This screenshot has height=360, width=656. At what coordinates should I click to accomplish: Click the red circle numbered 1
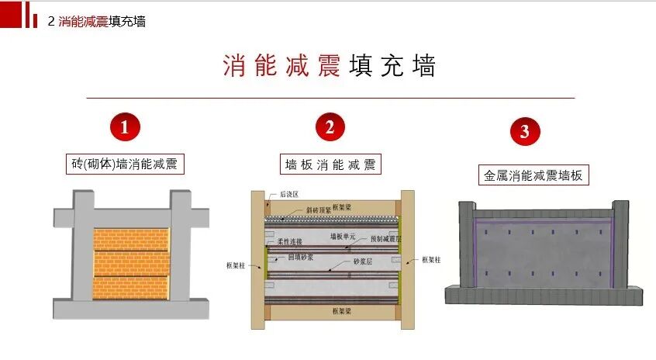[124, 126]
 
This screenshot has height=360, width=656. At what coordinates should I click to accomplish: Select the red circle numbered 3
[525, 131]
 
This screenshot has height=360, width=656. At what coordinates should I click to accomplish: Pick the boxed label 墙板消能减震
[330, 164]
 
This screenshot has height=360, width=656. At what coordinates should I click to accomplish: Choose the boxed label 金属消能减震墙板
[532, 175]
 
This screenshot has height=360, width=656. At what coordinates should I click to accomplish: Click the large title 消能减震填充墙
[329, 66]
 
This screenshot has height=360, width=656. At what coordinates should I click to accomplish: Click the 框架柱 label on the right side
[432, 260]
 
